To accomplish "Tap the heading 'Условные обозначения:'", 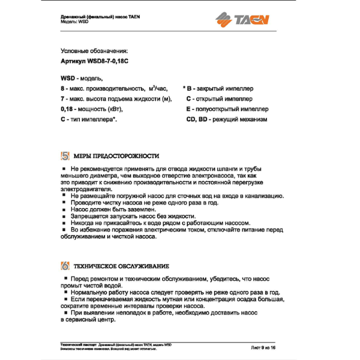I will (x=94, y=52).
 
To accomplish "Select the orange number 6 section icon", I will (x=66, y=266).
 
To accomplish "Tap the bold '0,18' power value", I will (x=67, y=109).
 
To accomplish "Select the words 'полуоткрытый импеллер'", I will (x=231, y=109).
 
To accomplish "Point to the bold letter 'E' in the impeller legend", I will (x=188, y=109).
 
